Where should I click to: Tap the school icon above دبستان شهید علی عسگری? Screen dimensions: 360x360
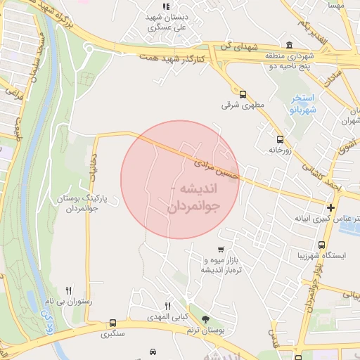[x=166, y=7]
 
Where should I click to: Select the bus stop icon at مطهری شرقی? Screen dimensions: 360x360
[x=243, y=94]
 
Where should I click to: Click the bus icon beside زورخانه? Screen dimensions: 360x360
[x=281, y=139]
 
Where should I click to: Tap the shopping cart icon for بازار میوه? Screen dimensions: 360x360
[x=221, y=250]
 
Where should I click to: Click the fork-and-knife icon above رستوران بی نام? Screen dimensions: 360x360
[x=68, y=290]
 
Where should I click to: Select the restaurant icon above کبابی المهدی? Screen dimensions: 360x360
[x=167, y=306]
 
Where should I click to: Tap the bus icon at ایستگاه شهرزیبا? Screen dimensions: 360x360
[x=321, y=245]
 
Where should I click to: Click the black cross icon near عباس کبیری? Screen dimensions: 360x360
[x=330, y=207]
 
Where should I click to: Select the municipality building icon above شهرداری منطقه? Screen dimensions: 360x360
[x=288, y=44]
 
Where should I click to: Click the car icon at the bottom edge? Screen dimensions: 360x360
[x=153, y=352]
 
